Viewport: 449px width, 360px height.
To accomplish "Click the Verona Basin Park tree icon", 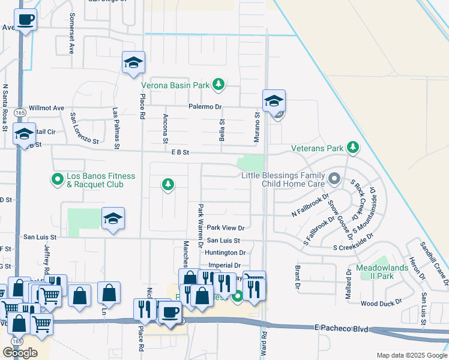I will (x=219, y=85).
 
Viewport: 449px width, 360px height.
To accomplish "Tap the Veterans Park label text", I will (x=318, y=148).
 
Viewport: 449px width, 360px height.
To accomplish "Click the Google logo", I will (x=20, y=352).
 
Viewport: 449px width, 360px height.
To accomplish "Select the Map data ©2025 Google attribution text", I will (x=411, y=355).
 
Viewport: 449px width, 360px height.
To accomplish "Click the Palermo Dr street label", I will (x=206, y=107).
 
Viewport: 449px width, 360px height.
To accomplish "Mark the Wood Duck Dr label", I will (x=382, y=304).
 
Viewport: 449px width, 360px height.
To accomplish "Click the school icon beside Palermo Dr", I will (x=274, y=101).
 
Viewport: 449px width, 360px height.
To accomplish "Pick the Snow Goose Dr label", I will (x=339, y=217).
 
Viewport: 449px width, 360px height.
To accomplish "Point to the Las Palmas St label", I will (x=116, y=128).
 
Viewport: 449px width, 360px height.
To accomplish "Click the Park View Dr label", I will (x=226, y=228).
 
